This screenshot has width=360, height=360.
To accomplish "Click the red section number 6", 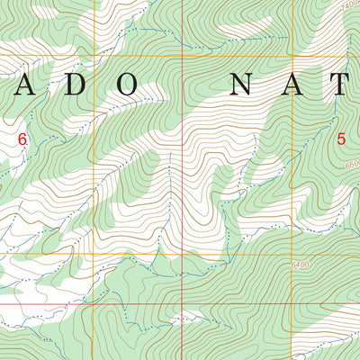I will [x=22, y=139].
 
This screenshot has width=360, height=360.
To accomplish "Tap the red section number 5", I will [x=341, y=139].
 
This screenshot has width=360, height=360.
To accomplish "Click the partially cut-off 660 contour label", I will [x=351, y=166].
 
